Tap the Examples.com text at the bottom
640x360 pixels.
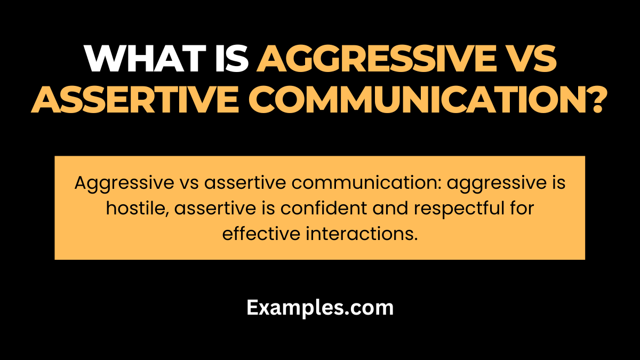[x=320, y=308]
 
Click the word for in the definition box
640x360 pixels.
[x=519, y=209]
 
